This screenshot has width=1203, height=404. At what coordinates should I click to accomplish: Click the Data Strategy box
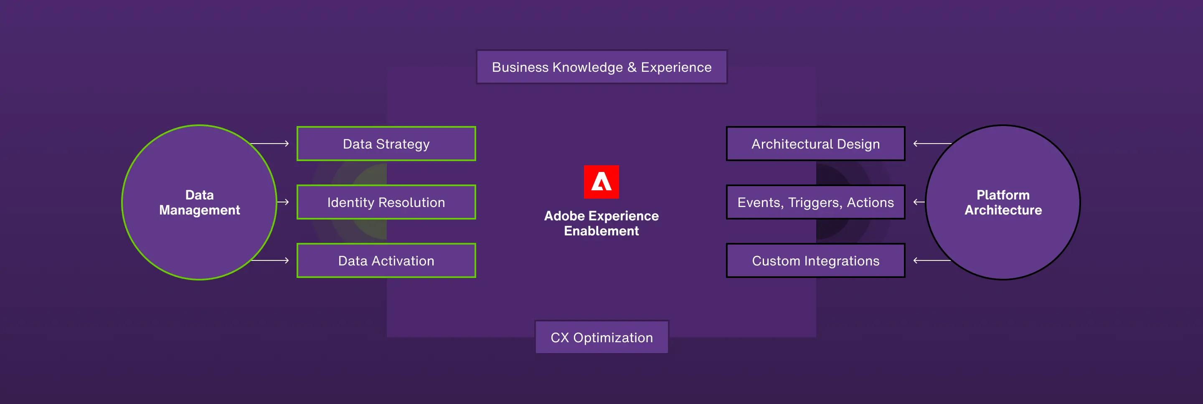click(x=386, y=144)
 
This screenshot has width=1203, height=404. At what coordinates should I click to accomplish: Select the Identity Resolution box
click(x=386, y=202)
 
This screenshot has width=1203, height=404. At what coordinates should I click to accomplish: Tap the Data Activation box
click(x=386, y=260)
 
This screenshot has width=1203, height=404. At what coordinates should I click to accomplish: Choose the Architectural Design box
click(x=815, y=144)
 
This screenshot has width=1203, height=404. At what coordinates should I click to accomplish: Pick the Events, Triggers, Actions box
click(x=815, y=202)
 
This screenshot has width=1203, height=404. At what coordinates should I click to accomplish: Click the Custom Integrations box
click(x=815, y=260)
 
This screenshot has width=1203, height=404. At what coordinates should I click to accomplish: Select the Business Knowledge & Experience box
click(x=601, y=67)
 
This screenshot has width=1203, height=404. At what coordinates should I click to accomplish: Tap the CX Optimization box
click(x=601, y=337)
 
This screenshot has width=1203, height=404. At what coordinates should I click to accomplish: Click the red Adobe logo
click(x=601, y=182)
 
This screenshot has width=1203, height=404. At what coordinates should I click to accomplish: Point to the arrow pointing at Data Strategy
click(x=269, y=144)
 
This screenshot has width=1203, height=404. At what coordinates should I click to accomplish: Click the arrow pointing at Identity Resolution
click(x=283, y=202)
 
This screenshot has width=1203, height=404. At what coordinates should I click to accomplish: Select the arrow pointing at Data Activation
click(x=269, y=260)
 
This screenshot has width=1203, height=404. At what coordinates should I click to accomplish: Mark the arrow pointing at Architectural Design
click(x=932, y=144)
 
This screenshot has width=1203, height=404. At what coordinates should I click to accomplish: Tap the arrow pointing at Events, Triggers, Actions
click(x=919, y=202)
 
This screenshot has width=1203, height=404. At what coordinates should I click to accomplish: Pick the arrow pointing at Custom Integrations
click(x=932, y=260)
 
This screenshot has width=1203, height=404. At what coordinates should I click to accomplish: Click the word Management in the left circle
click(x=199, y=210)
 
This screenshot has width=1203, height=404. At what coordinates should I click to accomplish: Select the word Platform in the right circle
click(x=1002, y=195)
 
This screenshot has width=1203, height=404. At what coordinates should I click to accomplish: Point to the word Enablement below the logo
click(x=601, y=231)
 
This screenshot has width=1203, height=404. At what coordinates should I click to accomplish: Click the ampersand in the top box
click(x=632, y=67)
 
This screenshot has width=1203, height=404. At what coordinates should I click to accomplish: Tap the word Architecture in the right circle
click(x=1003, y=210)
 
